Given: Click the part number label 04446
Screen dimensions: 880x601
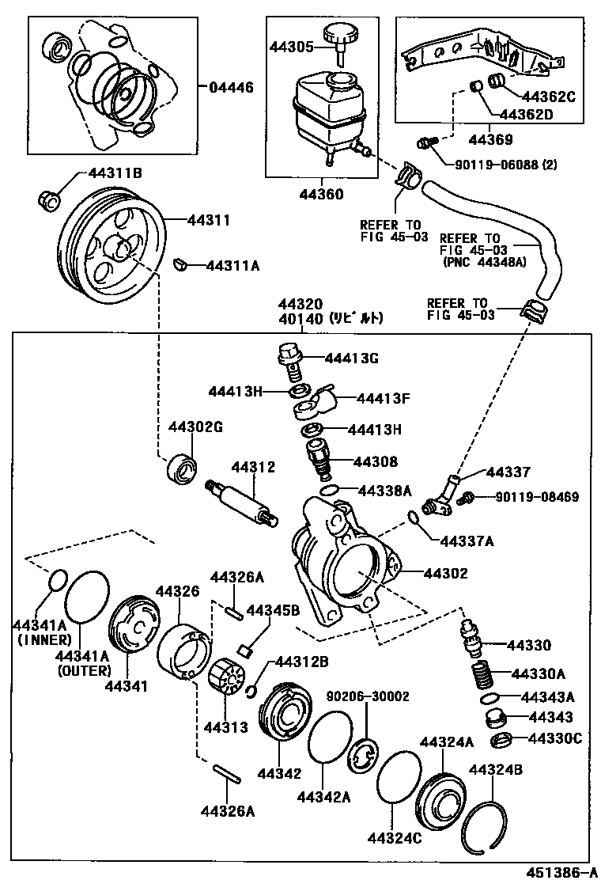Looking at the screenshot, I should pos(232,87).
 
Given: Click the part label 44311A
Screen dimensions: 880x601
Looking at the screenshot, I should pos(232,266).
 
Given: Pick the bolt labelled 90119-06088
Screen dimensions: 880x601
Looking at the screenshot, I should pos(428,143).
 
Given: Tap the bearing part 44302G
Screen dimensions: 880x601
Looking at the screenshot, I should pos(182,467).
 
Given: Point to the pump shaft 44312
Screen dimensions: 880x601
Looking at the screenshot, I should pos(244,503).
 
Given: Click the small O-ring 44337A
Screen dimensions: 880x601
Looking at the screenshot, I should pos(414,518).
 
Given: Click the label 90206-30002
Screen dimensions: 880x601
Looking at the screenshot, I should pos(368,696).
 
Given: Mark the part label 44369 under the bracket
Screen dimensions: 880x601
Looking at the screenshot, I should pos(491,139).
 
